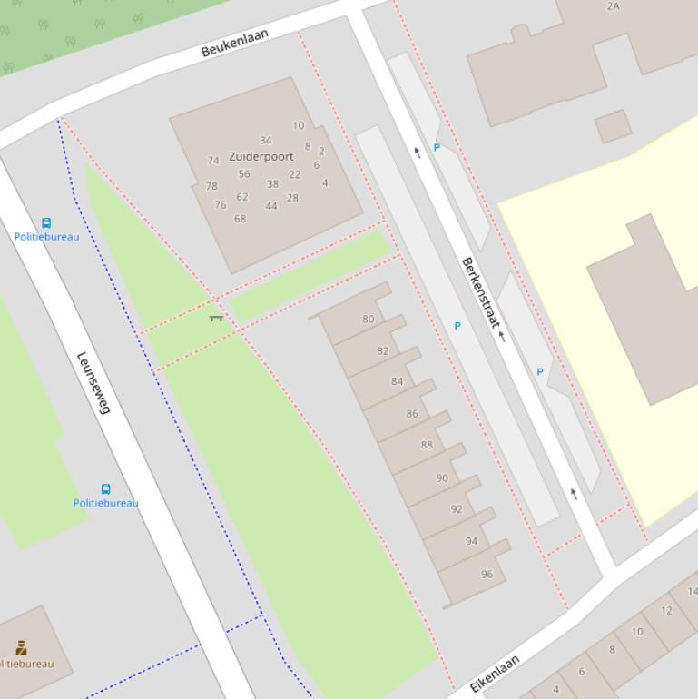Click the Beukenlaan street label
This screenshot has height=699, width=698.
tap(236, 43)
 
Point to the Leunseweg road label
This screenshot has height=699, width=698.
tap(93, 383)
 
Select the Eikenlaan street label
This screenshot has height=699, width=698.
tap(495, 674)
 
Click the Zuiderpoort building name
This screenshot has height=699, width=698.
tap(261, 156)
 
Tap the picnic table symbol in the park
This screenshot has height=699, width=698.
tap(216, 318)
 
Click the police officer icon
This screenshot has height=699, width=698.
tap(21, 647)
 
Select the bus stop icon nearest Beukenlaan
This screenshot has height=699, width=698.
tap(46, 223)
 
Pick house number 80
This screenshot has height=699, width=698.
tap(368, 319)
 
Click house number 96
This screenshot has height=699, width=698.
tap(487, 574)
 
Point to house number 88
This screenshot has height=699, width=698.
tap(427, 445)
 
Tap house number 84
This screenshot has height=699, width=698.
tap(397, 381)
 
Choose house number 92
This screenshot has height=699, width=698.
tap(457, 509)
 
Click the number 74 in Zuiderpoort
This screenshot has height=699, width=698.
tap(212, 161)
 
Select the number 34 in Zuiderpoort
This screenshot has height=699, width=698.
tap(265, 141)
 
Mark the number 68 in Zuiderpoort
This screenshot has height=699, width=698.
tap(240, 219)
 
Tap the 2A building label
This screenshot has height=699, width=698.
tap(613, 6)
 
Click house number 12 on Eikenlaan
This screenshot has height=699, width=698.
tap(666, 611)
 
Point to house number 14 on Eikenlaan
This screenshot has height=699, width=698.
tap(692, 592)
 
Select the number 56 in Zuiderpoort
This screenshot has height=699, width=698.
tap(244, 174)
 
